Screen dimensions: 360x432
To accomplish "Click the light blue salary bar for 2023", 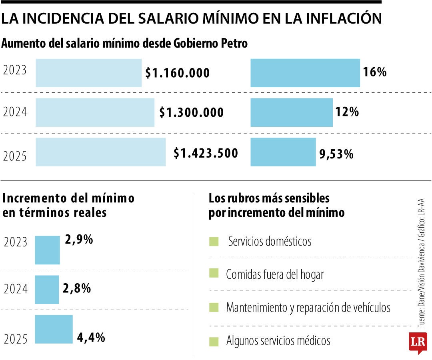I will (x=88, y=73).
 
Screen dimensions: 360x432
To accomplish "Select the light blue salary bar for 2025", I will (x=100, y=152).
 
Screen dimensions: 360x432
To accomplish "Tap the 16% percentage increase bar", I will (x=305, y=73).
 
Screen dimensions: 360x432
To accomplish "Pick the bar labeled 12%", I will (x=291, y=112).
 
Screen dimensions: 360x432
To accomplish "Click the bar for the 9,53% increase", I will (x=283, y=152).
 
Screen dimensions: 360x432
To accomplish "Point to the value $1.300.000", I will (x=191, y=113).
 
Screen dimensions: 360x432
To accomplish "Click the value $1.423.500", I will (x=206, y=153).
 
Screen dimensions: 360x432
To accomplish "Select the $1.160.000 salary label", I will (x=177, y=73).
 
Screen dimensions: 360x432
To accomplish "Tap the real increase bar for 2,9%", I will (x=47, y=250).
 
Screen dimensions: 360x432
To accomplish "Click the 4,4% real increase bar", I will (x=54, y=329).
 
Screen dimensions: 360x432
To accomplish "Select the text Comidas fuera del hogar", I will (x=274, y=274).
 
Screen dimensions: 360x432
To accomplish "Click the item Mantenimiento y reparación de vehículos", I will (x=308, y=308).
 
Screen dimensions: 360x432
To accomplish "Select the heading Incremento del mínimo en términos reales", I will (x=68, y=205).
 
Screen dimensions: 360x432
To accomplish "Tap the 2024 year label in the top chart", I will (x=15, y=112).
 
